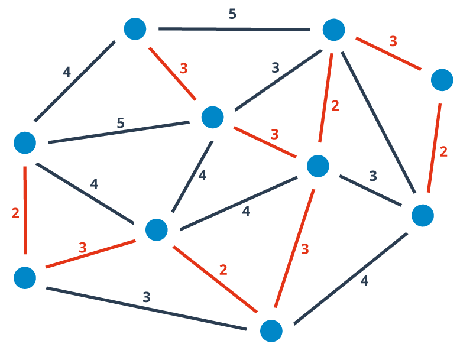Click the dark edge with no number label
click(x=378, y=122)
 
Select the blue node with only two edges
click(x=442, y=80)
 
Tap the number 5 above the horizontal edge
click(x=232, y=14)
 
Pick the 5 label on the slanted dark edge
click(x=121, y=123)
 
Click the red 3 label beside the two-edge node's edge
click(x=393, y=41)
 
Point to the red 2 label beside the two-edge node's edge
click(x=443, y=151)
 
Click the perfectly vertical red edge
click(x=25, y=210)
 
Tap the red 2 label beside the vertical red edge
click(x=15, y=213)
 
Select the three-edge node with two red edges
click(x=25, y=278)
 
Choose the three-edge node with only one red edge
click(x=135, y=29)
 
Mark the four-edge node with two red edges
click(x=271, y=331)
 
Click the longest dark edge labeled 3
click(x=146, y=309)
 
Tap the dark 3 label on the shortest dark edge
click(x=373, y=176)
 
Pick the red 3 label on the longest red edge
click(x=304, y=249)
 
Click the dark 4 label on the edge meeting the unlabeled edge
click(x=364, y=281)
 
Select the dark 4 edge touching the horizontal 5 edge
click(x=74, y=81)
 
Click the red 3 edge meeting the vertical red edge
click(x=90, y=254)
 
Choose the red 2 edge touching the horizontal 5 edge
click(x=326, y=98)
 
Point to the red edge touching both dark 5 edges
click(x=173, y=73)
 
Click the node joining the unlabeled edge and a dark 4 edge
click(x=423, y=215)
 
